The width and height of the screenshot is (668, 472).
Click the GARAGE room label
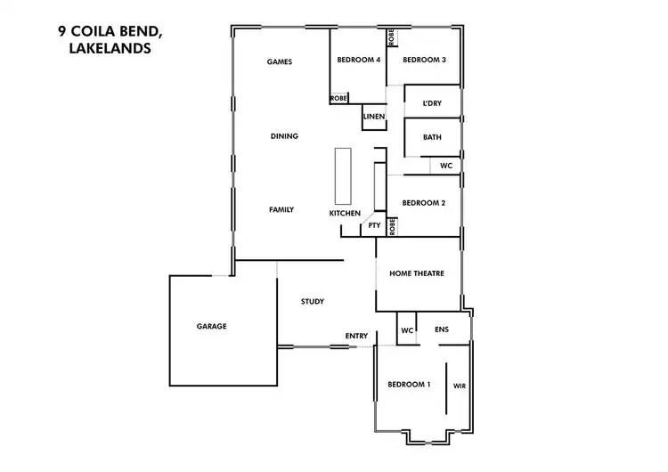click(211, 327)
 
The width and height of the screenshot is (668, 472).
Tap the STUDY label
click(312, 302)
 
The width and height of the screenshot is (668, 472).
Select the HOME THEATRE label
click(417, 273)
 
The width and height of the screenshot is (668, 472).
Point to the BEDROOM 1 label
click(409, 385)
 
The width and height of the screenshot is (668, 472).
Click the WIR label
click(460, 387)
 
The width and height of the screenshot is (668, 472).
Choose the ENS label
click(442, 330)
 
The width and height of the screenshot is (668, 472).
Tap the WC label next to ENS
click(407, 330)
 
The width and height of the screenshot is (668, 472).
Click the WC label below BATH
click(446, 166)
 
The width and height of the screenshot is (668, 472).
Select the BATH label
click(432, 137)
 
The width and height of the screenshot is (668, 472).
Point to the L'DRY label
click(432, 104)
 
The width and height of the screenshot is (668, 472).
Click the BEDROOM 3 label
click(424, 60)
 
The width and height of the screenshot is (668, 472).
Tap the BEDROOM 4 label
click(358, 60)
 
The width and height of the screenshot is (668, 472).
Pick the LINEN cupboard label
click(374, 117)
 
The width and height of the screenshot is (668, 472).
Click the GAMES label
click(281, 61)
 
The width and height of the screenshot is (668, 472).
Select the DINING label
click(284, 136)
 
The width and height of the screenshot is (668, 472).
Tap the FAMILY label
click(281, 210)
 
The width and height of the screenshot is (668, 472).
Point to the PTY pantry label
click(374, 226)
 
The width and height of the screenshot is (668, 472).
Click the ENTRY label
click(356, 336)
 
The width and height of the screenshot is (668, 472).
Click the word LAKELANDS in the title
click(110, 50)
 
